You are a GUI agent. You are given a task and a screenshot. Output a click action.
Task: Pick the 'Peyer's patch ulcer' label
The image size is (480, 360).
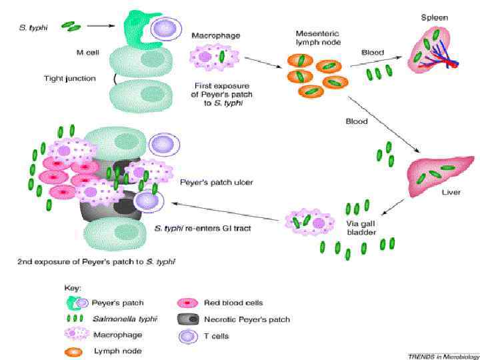coord(212,181)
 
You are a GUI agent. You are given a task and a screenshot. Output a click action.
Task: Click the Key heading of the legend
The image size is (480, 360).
coord(72,287)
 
